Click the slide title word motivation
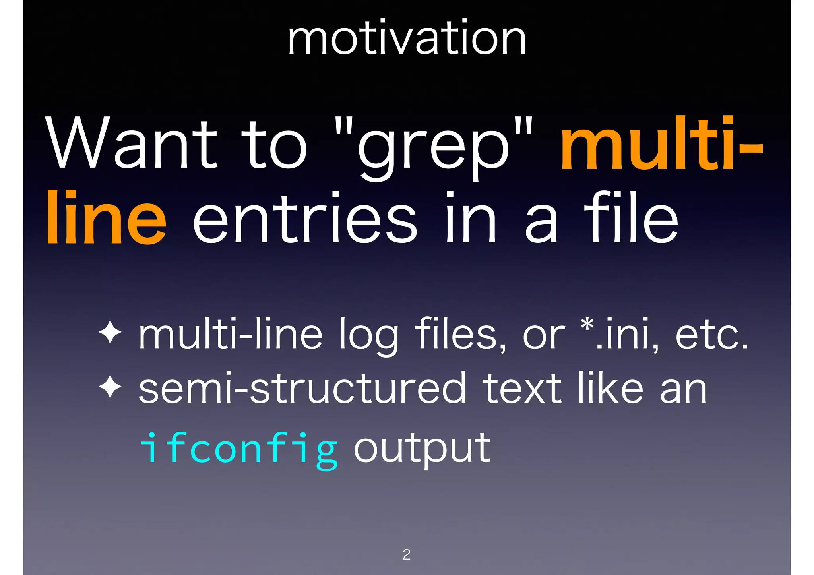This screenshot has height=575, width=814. click(407, 39)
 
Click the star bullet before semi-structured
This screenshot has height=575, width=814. click(110, 387)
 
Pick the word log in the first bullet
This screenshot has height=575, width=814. click(368, 336)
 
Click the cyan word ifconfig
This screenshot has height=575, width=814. click(239, 449)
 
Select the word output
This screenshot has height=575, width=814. click(422, 449)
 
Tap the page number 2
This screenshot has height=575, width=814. click(406, 554)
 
